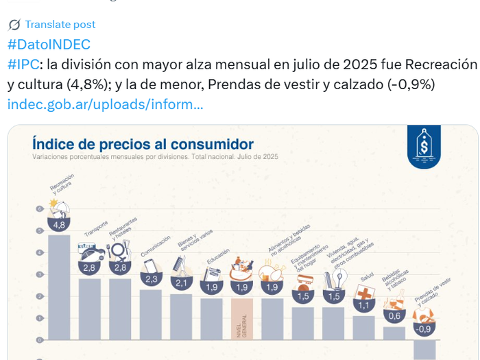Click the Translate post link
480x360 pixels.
(60, 25)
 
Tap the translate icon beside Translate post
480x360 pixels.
(14, 25)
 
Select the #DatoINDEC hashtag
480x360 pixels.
(49, 45)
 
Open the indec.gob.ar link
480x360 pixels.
(105, 104)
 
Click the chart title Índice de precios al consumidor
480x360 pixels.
(143, 145)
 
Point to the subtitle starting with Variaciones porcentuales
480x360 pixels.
(155, 157)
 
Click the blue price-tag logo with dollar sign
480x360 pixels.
(424, 146)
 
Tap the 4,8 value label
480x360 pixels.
(59, 225)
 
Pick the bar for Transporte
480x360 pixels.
(89, 309)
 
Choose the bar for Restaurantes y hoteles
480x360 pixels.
(120, 309)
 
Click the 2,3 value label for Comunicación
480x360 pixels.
(151, 279)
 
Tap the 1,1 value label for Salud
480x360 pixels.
(364, 306)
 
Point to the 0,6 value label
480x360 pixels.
(394, 316)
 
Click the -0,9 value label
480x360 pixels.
(424, 329)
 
